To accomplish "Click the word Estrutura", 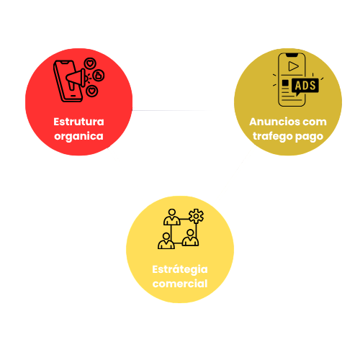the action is coord(78,122).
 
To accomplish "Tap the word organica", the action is coord(78,137).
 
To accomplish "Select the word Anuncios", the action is coord(273,122).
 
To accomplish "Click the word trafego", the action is coord(273,136).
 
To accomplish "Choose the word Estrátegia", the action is coord(180,269).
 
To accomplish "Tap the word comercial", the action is coord(180,284).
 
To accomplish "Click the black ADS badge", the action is coord(305,86).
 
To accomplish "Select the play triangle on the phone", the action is coord(293,66).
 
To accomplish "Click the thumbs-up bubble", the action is coord(99,76).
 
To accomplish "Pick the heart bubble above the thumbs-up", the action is coord(90,63).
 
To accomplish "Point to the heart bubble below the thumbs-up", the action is coord(91,91).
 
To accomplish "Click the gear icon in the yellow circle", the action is coord(196,216).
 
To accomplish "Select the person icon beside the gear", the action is coord(172,217).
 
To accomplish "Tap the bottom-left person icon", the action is coord(166,240).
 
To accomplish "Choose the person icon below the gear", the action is coord(190,238).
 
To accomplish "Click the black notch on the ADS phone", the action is coord(292,55).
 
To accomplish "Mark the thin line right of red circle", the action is coord(171,110).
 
